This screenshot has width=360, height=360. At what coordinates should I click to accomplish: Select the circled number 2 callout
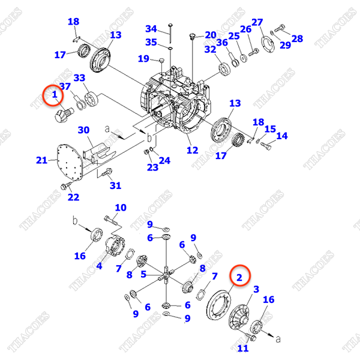point(239,277)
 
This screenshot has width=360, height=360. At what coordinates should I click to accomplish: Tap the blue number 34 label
point(151,29)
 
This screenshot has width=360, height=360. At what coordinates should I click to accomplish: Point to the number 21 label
point(41,160)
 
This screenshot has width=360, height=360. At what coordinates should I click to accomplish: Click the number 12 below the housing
point(192,150)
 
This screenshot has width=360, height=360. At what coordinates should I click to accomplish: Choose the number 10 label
point(121,208)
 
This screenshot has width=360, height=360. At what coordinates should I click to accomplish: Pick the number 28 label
point(297,38)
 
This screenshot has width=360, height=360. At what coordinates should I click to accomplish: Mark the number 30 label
point(84,130)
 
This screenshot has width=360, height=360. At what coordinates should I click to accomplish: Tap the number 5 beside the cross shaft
point(143,274)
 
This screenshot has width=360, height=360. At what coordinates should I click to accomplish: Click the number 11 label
point(243,348)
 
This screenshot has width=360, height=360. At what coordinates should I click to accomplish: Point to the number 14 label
point(281,136)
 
